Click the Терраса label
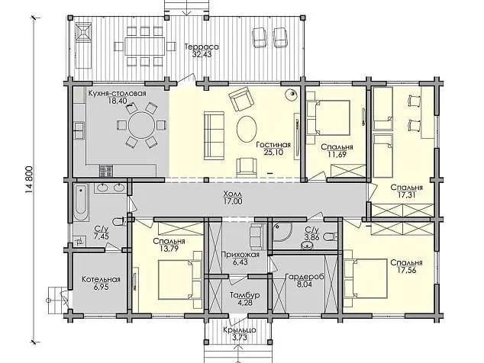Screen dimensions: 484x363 tap(202, 47)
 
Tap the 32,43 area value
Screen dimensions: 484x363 tap(202, 55)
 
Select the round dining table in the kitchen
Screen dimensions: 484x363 tap(141, 125)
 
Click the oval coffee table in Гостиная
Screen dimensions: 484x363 tap(247, 129)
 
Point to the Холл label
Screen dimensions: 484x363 tap(233, 194)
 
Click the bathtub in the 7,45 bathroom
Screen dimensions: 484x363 tap(81, 202)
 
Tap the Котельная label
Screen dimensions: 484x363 tap(101, 279)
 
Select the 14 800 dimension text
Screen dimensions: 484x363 tap(29, 180)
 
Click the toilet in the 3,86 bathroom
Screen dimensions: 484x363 tap(330, 237)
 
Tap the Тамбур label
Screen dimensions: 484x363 tap(245, 295)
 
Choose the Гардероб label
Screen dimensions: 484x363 tap(305, 277)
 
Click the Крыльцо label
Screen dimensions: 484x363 tap(240, 330)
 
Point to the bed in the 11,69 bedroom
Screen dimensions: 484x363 tap(328, 117)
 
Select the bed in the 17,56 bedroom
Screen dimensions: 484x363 tap(366, 278)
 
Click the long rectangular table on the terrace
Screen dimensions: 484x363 tap(145, 46)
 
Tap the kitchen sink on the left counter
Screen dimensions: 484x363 tap(79, 130)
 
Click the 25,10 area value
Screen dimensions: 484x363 tap(273, 152)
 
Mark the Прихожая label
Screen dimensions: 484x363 tap(240, 255)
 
